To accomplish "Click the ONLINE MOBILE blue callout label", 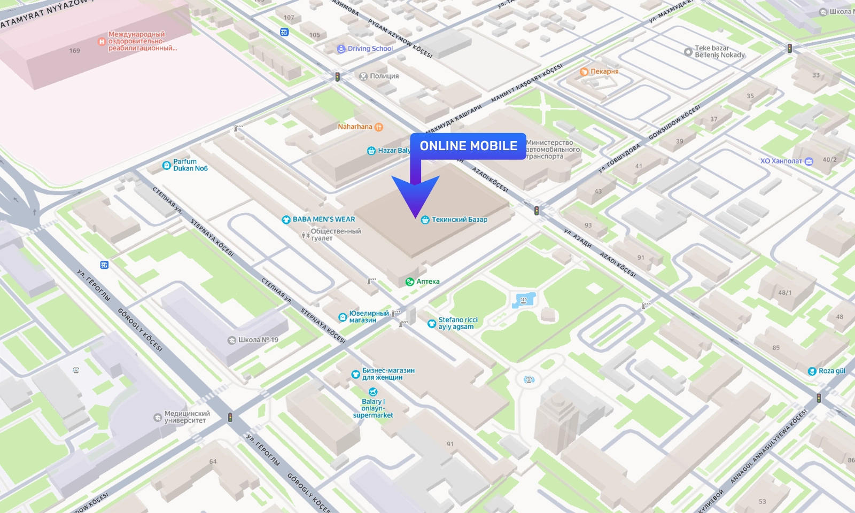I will [468, 146].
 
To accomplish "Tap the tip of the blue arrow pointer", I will [416, 217].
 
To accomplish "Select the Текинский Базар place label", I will [459, 220].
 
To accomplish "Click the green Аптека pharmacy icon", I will [410, 282].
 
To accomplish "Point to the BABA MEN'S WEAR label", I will [323, 219].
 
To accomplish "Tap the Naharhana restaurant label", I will [355, 127].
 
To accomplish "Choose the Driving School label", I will [370, 49].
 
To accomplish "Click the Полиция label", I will [384, 76].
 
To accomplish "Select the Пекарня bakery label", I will [604, 71].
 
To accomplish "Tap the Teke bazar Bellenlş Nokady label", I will [719, 51].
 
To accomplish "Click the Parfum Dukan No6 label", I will [190, 165].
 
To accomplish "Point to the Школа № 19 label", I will [258, 340].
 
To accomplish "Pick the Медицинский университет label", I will [186, 417].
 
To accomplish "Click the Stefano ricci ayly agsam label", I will [457, 323].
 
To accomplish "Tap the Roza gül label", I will [831, 371].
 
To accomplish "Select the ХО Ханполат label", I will [781, 161].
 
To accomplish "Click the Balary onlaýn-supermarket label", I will [373, 408].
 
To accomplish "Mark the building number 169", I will [74, 51].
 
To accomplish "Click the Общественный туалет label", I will [335, 235].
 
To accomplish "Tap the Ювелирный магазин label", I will [368, 317].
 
